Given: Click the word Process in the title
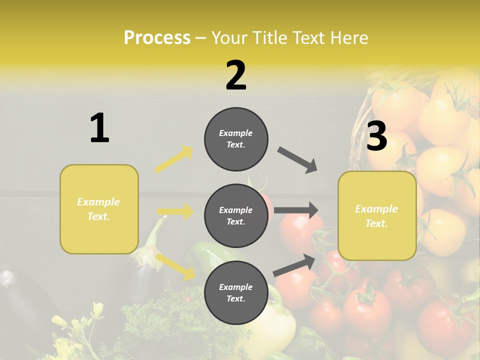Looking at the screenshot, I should coord(157,37).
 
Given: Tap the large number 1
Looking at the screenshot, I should coord(99,128).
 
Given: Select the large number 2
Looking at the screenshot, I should coord(236,75).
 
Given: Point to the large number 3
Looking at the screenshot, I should coord(377,136).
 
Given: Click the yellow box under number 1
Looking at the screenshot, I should coord(99,209).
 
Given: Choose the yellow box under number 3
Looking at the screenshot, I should coord(377,216).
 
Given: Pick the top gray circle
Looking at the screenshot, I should coord(236,139).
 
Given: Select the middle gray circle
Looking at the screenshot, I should coord(236,215).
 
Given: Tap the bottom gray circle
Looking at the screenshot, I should coord(236,292).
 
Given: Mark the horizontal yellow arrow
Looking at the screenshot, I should coord(175,211).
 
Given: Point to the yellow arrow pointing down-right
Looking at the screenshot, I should coord(175,266).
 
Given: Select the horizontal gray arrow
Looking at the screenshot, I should coord(296,210).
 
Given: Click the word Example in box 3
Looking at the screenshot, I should coord(376,209).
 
